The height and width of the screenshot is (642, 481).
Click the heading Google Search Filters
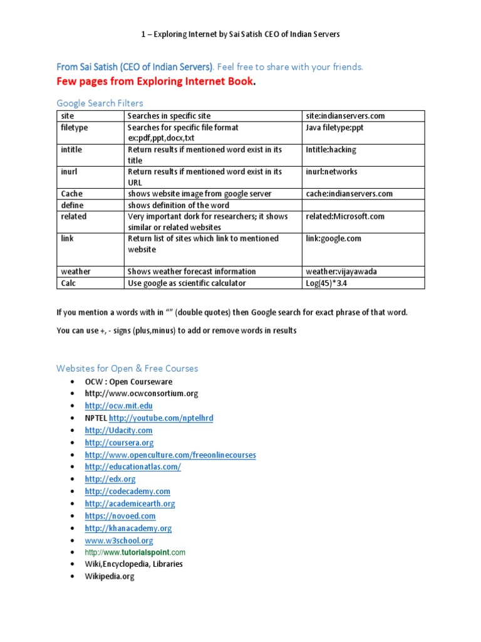[100, 103]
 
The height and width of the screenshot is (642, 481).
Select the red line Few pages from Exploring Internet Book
[156, 82]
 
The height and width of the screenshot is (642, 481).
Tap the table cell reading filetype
[75, 127]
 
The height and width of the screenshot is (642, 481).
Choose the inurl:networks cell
[331, 172]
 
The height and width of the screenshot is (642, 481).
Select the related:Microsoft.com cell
[345, 216]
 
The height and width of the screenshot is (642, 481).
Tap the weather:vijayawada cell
[341, 271]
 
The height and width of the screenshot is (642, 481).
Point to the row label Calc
[69, 283]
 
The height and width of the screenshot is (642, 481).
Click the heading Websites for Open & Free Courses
[127, 368]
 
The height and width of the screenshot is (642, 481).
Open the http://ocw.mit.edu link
[118, 406]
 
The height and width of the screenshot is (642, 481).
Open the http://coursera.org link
[119, 443]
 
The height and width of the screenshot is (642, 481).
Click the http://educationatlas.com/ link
[133, 467]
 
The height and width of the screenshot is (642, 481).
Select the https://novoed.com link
[120, 516]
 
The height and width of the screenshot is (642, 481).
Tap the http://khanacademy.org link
[128, 529]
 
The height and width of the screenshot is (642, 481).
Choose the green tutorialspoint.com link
[135, 552]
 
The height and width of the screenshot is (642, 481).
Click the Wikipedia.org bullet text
[110, 576]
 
